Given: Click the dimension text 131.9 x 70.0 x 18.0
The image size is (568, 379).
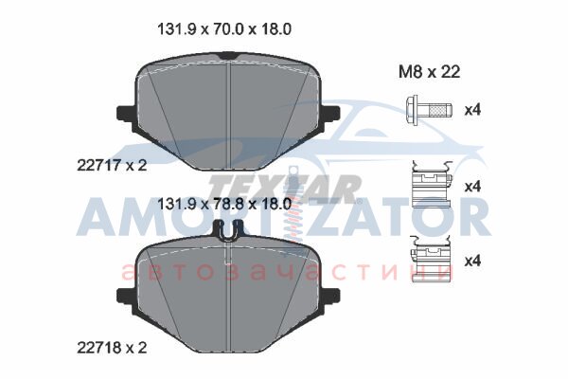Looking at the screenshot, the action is coord(224,29).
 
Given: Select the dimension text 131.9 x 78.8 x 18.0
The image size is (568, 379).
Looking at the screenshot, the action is coord(224,205).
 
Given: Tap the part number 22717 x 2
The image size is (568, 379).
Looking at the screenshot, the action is coord(112,166).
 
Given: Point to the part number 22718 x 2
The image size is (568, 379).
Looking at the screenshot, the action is coord(112,348).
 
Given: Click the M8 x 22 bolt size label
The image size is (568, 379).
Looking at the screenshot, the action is coord(429,72).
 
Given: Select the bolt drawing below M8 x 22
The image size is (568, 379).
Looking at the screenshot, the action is coord(429,109).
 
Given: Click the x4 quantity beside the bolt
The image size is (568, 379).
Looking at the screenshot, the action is coord(472,110).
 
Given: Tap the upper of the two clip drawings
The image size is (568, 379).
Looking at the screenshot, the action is coord(431,184).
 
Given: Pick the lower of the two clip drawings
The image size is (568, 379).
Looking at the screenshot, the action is coord(431,259).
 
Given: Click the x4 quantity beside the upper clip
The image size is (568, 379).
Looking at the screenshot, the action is coord(472,187).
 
